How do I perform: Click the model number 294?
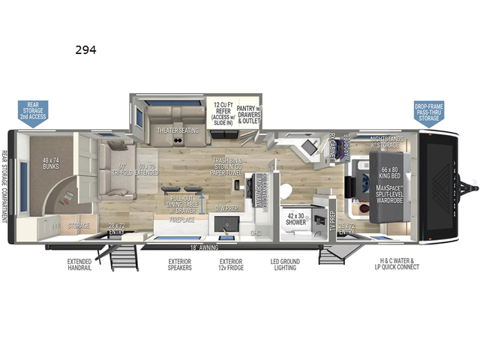pos(85,51)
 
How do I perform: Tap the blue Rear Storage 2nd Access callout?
pos(33,111)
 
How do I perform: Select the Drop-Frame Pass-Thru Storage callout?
pos(428,112)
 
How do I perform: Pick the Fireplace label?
pos(181,220)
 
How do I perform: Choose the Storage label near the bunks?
pos(79,225)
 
